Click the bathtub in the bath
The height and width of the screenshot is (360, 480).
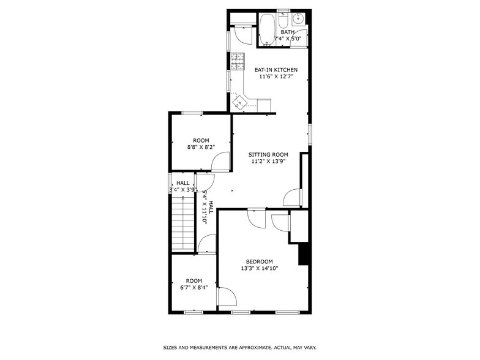(x=266, y=30)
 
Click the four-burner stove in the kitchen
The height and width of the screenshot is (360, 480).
(x=237, y=61)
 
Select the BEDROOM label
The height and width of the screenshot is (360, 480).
(x=260, y=261)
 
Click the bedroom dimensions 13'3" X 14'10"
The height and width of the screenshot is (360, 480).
(x=260, y=268)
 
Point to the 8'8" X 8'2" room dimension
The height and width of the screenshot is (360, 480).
(x=201, y=147)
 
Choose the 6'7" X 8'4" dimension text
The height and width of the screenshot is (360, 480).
(x=194, y=287)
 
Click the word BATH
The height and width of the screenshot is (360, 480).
(x=287, y=32)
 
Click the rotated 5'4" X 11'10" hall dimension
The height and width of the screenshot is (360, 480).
(x=204, y=207)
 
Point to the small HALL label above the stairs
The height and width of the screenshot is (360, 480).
(x=182, y=183)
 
